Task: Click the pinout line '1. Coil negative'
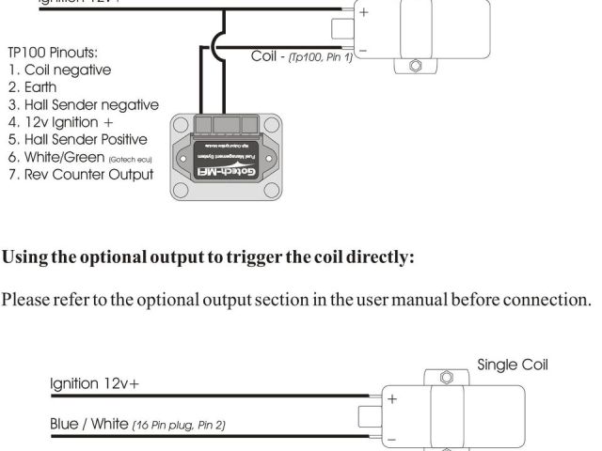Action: [x=59, y=70]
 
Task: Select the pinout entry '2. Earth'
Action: [x=33, y=87]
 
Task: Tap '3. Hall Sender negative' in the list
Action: [x=84, y=105]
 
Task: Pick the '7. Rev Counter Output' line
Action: [x=80, y=175]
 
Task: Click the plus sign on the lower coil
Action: [x=392, y=398]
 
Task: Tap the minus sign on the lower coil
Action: [x=392, y=437]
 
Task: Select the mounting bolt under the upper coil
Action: [x=415, y=67]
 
